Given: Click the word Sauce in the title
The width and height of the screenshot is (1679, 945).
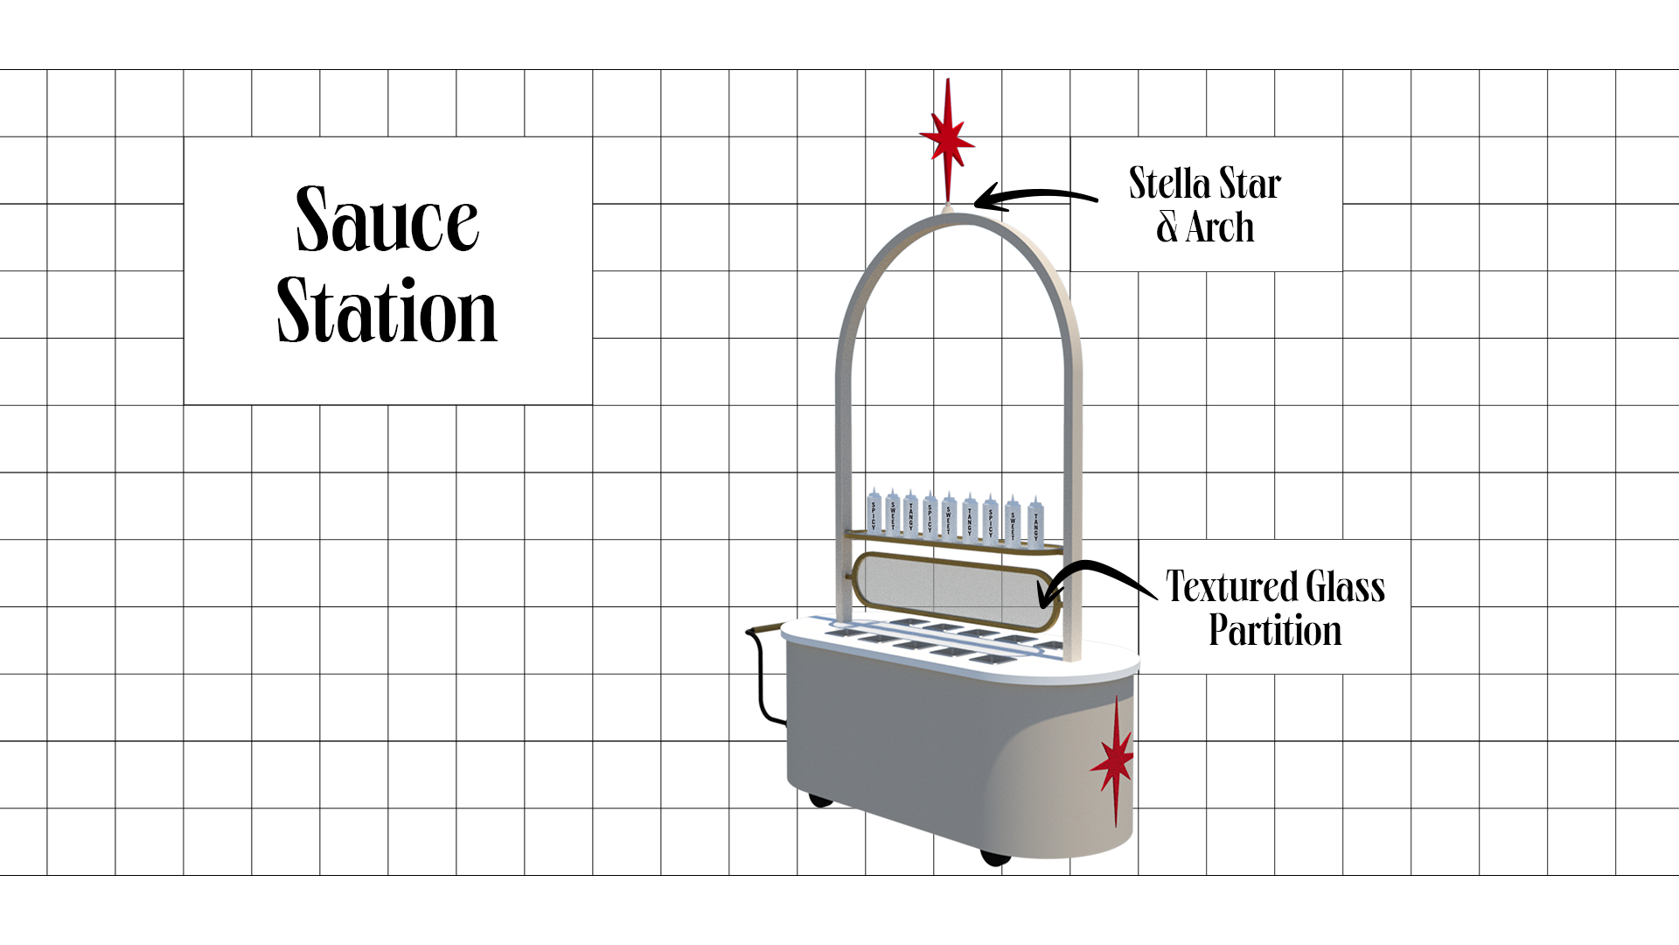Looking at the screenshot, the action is click(x=387, y=219).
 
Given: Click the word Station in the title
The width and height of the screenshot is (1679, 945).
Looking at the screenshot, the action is click(x=387, y=311).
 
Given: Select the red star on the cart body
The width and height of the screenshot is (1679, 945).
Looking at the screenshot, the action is click(x=1113, y=761).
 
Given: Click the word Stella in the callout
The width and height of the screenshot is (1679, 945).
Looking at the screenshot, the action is click(x=1169, y=184).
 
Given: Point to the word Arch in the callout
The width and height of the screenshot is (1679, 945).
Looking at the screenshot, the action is click(x=1220, y=227).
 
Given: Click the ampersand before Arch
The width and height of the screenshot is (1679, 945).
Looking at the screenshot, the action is click(x=1167, y=227).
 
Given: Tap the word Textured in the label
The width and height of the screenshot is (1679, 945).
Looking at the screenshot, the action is click(x=1231, y=587).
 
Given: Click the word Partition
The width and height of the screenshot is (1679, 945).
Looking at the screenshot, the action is click(x=1275, y=631).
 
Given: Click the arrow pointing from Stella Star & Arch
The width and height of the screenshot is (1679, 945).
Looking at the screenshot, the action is click(x=1032, y=197).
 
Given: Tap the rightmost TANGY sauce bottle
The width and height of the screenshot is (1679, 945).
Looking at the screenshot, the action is click(x=1035, y=521).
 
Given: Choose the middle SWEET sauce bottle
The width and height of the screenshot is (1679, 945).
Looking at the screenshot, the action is click(x=949, y=516).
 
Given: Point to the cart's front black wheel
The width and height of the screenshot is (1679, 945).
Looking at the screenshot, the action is click(x=995, y=857).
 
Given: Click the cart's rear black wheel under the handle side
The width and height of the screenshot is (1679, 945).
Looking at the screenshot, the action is click(x=819, y=799).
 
